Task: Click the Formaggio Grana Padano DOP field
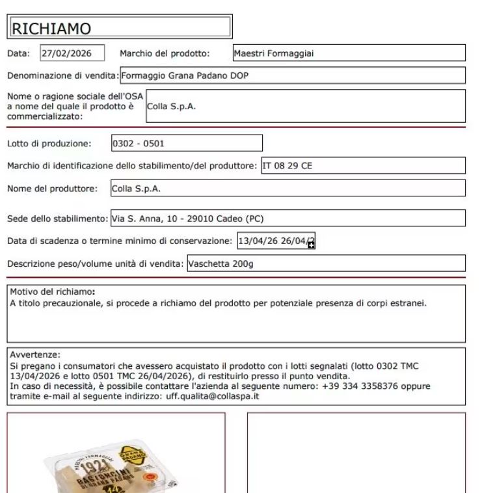tap(293, 75)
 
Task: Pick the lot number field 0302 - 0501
tap(187, 143)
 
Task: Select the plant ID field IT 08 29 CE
tap(363, 166)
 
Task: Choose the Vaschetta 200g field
tap(325, 264)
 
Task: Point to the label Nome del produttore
tap(52, 189)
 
